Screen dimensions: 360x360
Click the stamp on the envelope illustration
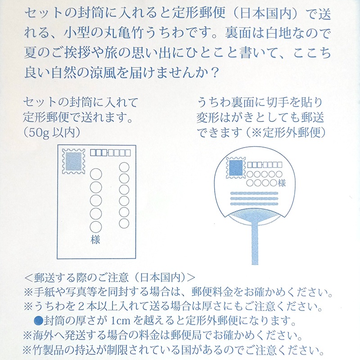pos(73,161)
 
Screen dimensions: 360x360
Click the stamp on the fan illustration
pos(236,167)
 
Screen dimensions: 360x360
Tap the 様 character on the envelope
pos(95,240)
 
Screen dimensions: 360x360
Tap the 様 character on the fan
pos(282,183)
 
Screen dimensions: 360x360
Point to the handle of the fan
pos(255,243)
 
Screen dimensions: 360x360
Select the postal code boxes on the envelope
pos(110,153)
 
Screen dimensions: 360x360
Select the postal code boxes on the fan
pos(265,165)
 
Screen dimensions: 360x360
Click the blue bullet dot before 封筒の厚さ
pos(38,320)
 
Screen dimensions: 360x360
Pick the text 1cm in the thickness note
pos(121,321)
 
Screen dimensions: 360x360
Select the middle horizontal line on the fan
pos(254,198)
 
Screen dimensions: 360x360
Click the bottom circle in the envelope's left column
pos(96,227)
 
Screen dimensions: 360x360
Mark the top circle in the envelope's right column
pos(124,167)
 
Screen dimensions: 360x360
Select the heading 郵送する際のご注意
pos(81,278)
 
